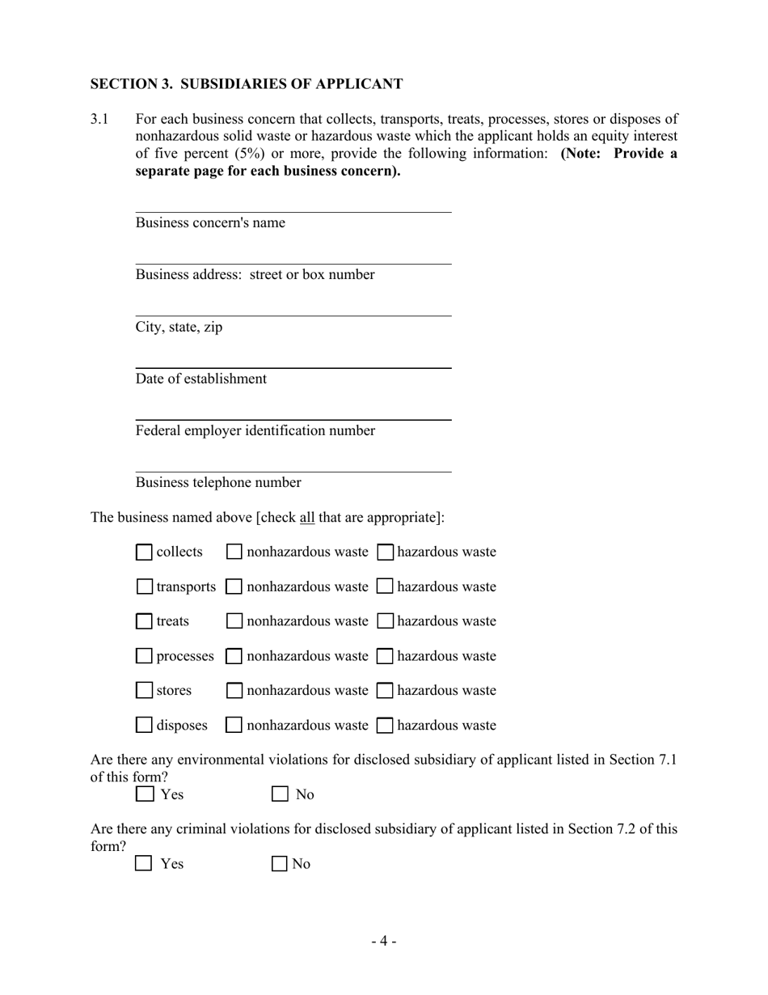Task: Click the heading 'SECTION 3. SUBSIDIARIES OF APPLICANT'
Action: click(x=246, y=84)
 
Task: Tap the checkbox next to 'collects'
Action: click(x=144, y=553)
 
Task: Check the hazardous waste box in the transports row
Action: click(x=386, y=586)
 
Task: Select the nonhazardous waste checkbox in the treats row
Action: click(x=234, y=621)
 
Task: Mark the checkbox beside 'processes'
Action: click(x=144, y=656)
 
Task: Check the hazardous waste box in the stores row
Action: click(x=386, y=691)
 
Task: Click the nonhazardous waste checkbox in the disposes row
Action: click(x=234, y=726)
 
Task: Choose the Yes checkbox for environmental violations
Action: click(x=144, y=794)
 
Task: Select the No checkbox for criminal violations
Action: click(x=280, y=864)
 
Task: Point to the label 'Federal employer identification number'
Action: click(x=255, y=430)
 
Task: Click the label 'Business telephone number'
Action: click(x=218, y=483)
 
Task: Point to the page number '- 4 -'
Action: click(x=384, y=941)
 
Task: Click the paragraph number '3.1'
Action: click(x=99, y=119)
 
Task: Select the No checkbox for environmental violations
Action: click(x=280, y=794)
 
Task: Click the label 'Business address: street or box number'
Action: click(x=255, y=275)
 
